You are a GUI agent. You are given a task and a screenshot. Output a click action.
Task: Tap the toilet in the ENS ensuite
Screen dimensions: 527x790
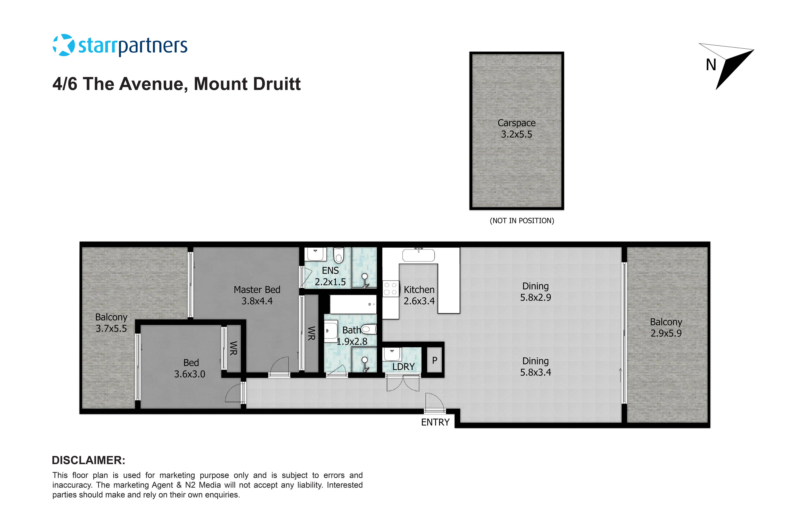pyautogui.click(x=339, y=255)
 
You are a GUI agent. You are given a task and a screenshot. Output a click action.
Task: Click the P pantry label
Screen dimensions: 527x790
pyautogui.click(x=435, y=361)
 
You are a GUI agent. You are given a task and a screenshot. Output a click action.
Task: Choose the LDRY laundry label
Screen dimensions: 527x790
pyautogui.click(x=403, y=367)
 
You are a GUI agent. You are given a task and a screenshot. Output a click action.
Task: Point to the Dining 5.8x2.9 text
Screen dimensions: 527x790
pyautogui.click(x=535, y=292)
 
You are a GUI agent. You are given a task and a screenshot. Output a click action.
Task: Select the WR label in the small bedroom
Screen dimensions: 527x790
pyautogui.click(x=233, y=348)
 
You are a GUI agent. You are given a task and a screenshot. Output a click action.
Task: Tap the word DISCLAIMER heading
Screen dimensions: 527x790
pyautogui.click(x=88, y=460)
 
